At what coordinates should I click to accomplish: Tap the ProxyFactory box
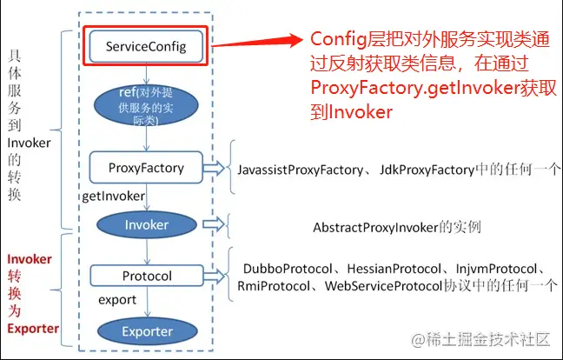point(145,167)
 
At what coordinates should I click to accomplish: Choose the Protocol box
point(145,277)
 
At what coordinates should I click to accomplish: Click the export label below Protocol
point(116,299)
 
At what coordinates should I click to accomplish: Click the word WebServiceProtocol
point(383,285)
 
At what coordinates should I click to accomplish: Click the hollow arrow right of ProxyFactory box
point(214,167)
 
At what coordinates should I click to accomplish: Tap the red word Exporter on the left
point(33,330)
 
